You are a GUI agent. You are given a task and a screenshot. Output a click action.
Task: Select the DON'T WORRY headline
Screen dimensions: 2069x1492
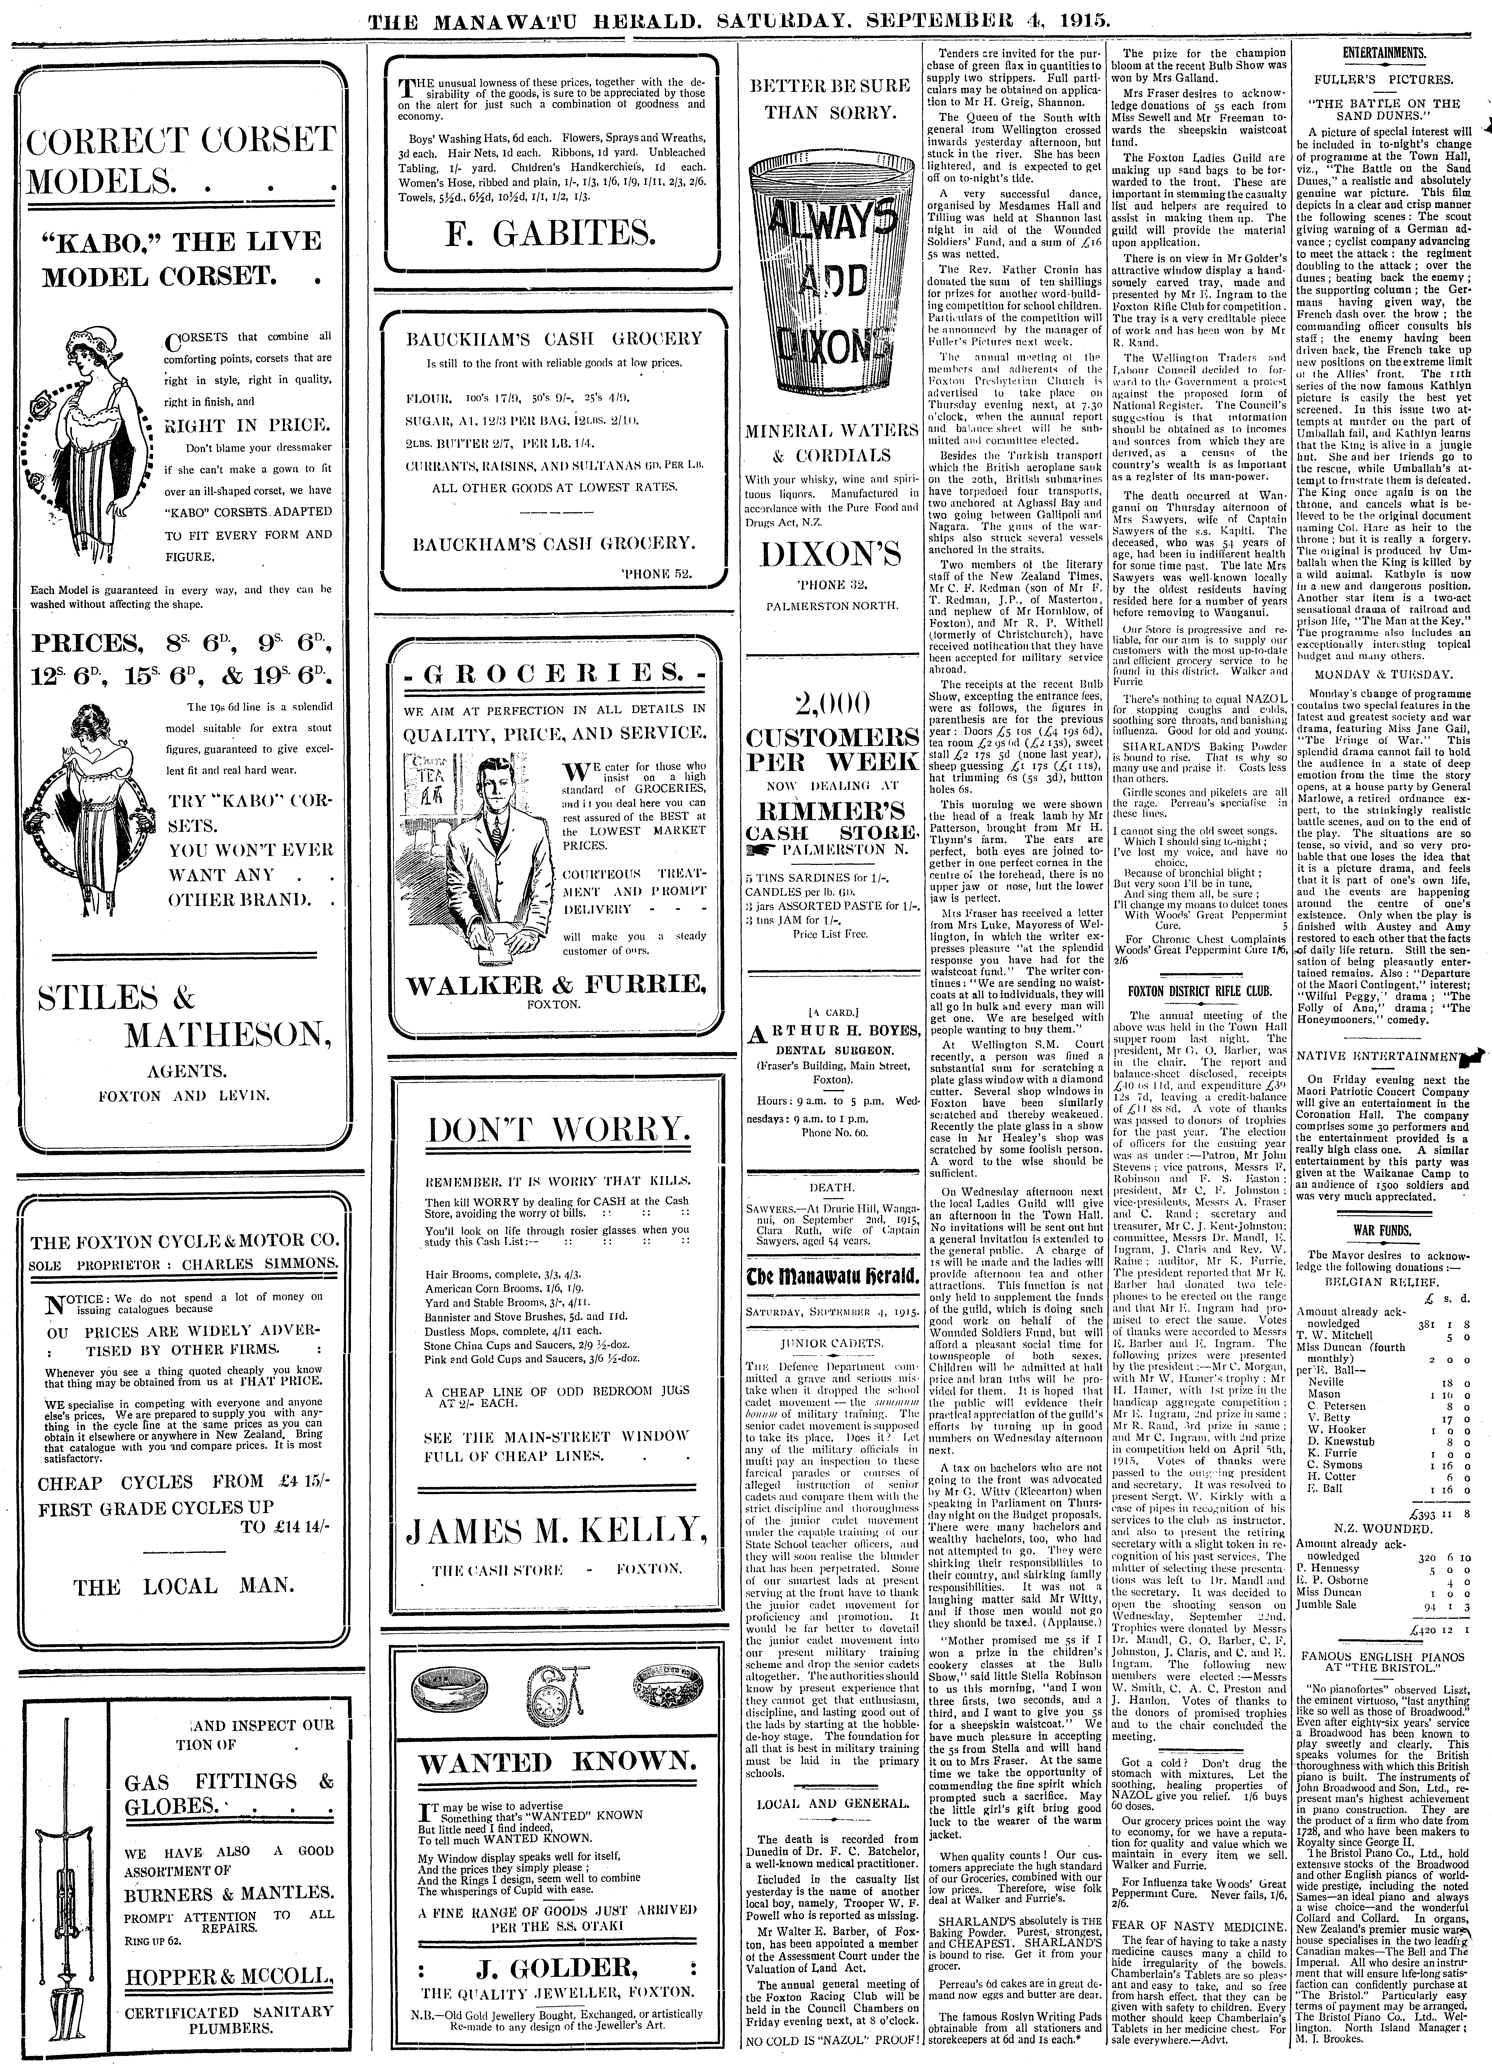[x=557, y=1131]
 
